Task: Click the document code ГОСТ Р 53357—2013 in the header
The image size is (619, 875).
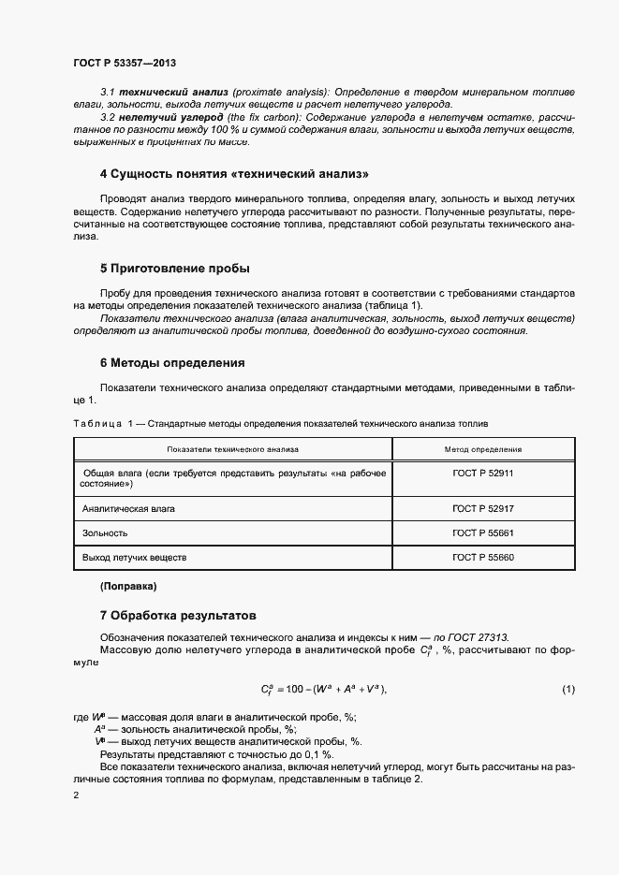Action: [125, 63]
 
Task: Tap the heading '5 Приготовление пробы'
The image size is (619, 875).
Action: [174, 269]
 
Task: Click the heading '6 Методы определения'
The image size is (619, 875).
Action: [171, 362]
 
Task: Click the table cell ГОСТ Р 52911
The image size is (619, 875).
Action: [482, 474]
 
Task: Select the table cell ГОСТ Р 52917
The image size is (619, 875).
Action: [482, 508]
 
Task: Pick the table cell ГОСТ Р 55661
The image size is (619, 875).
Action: [482, 532]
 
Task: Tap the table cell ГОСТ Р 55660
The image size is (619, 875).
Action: [482, 557]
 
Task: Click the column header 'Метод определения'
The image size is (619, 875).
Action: [482, 449]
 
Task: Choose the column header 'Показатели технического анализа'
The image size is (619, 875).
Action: [232, 449]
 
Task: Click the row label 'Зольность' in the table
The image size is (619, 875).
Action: [105, 532]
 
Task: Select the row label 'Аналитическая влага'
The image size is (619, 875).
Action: [128, 508]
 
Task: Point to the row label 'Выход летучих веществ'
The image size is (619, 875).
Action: [134, 557]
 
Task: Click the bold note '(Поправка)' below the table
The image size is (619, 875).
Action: [128, 587]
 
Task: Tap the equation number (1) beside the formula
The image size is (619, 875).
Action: [567, 690]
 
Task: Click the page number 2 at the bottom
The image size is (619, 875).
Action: [76, 795]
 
